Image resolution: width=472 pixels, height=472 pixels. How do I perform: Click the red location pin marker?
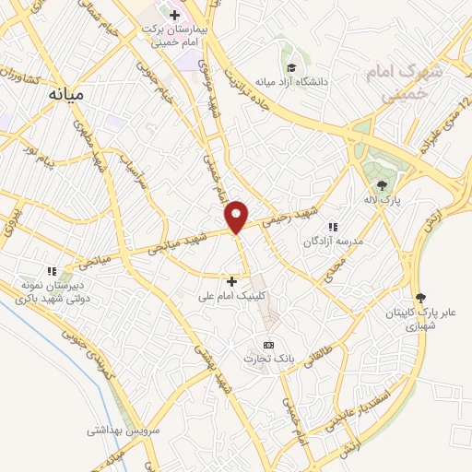click(x=237, y=216)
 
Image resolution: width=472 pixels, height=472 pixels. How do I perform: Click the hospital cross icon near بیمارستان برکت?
click(x=175, y=14)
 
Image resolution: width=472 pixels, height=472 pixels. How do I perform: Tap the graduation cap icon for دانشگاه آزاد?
click(x=291, y=67)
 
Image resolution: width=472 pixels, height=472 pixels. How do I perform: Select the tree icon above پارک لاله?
click(x=382, y=185)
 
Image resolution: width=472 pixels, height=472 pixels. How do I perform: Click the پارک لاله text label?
click(x=383, y=200)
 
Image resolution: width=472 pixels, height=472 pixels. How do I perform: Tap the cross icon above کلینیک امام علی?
click(x=231, y=280)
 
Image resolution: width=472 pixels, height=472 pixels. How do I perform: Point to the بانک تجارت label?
click(x=269, y=359)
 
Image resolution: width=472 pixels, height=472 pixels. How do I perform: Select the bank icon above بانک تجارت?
click(x=268, y=345)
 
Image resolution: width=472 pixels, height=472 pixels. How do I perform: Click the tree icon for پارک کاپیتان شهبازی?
click(x=421, y=297)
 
